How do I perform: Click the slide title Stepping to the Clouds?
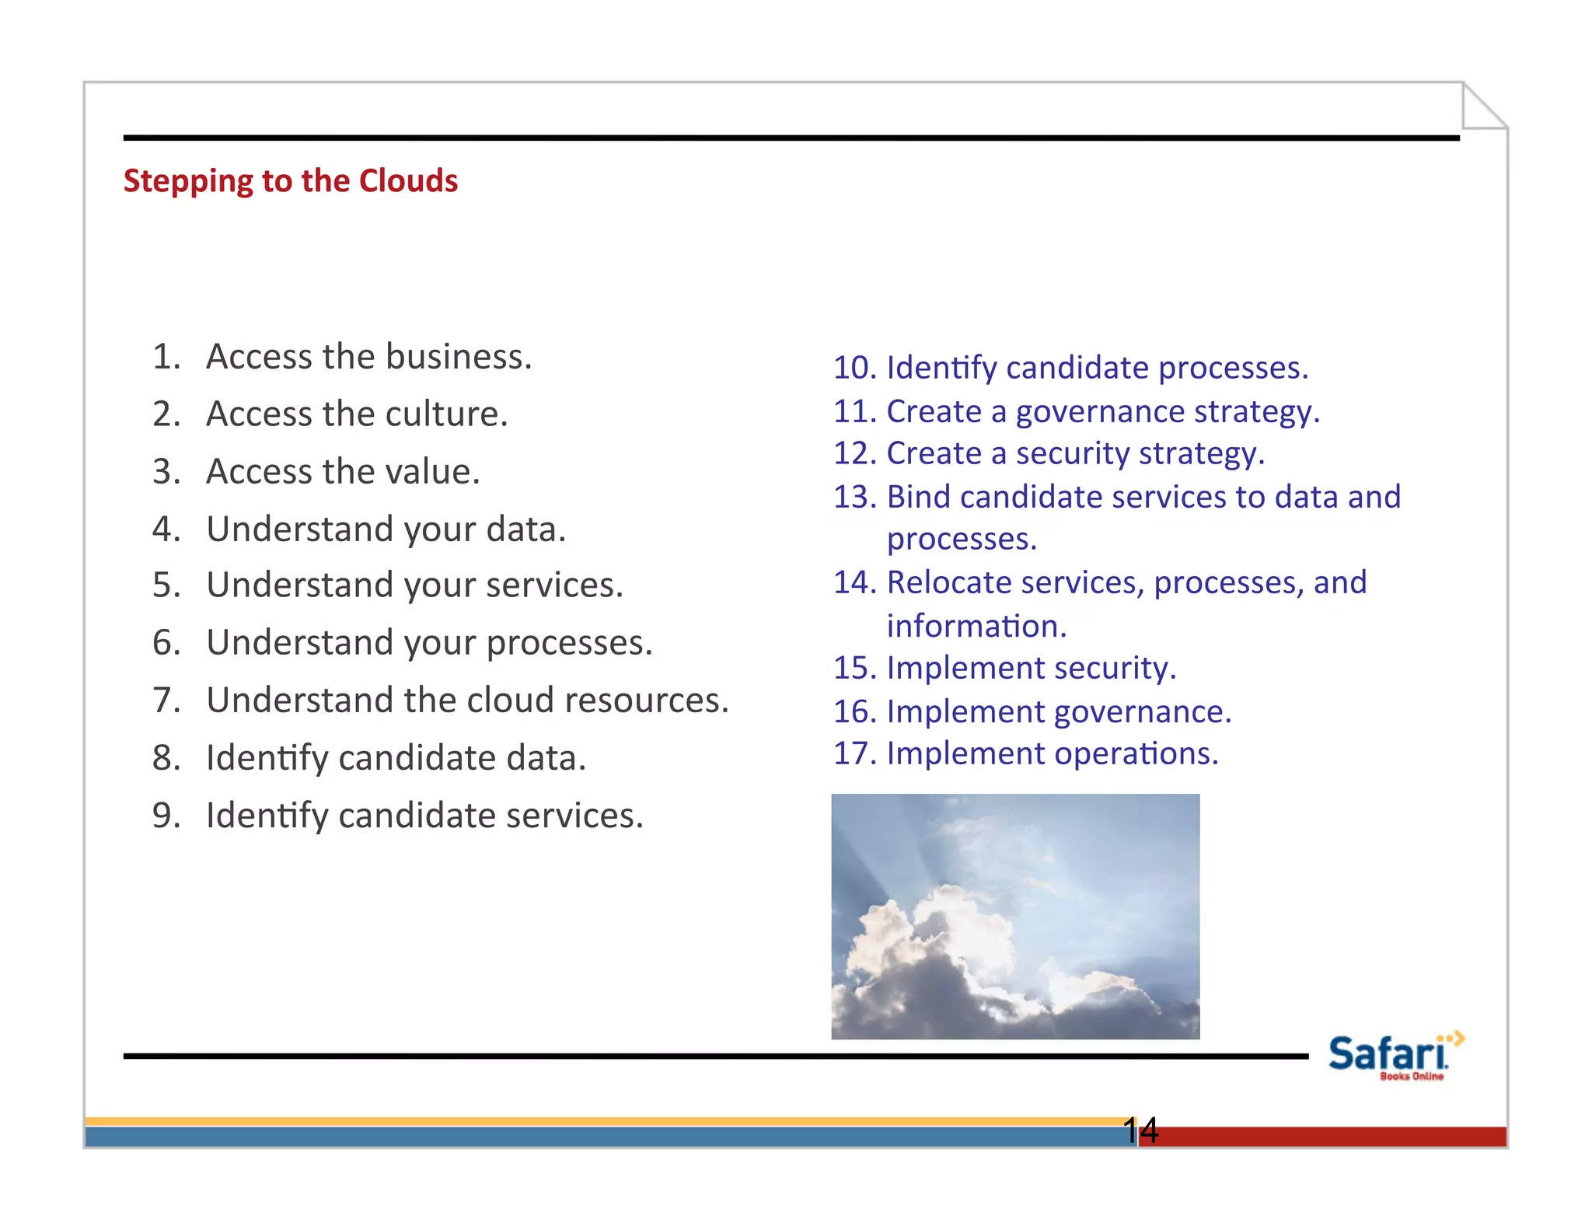tap(291, 180)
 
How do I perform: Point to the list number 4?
tap(166, 529)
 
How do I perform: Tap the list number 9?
tap(166, 815)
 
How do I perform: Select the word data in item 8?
tap(545, 757)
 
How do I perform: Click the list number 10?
tap(854, 368)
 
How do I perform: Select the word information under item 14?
tap(976, 626)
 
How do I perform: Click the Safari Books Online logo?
tap(1392, 1056)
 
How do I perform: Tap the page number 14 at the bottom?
tap(1140, 1130)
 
